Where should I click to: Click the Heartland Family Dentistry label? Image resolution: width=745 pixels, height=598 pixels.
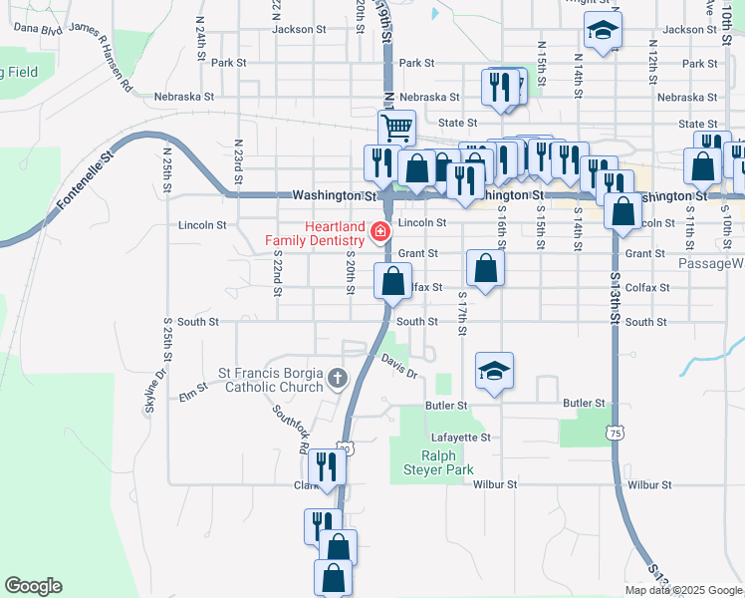pos(315,233)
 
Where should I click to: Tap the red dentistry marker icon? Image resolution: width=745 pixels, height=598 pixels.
pos(379,232)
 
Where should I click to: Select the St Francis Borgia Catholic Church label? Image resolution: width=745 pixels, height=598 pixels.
pos(273,379)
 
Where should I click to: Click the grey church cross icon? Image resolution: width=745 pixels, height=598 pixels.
pos(338,379)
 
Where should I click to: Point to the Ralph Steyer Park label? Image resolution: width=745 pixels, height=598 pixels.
pos(431,462)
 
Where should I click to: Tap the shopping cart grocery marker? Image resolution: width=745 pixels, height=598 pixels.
pos(396,128)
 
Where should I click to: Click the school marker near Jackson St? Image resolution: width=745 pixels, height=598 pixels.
pos(602,32)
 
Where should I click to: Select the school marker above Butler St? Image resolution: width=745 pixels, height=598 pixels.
pos(494,372)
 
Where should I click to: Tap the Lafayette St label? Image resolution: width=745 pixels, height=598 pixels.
pos(461,438)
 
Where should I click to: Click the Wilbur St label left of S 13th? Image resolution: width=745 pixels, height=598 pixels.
pos(495,484)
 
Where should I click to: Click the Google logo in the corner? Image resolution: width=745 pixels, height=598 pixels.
pos(33,586)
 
